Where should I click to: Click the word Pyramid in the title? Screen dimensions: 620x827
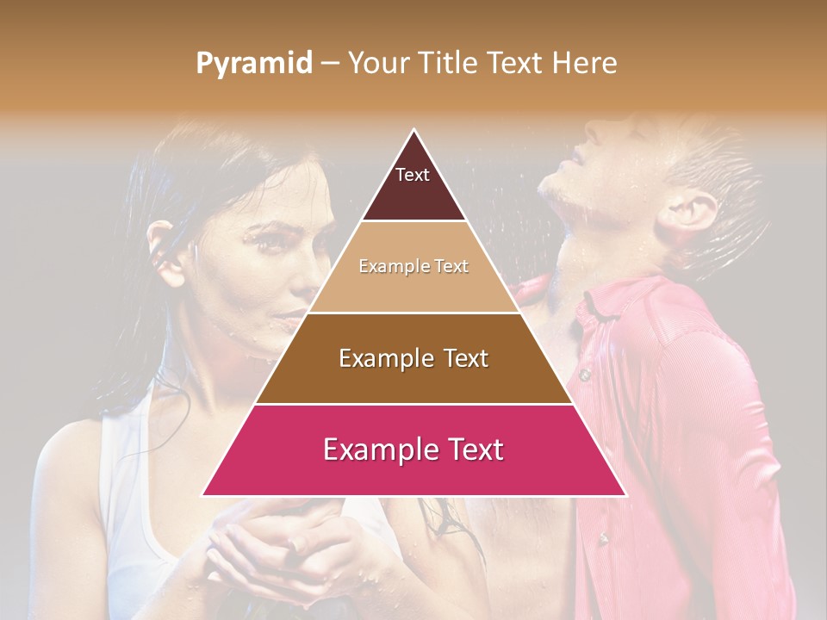tap(253, 64)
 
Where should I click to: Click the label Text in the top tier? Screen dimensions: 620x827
tap(413, 175)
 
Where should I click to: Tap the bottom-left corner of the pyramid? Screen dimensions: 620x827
tap(203, 495)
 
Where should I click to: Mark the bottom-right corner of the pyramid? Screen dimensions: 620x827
tap(625, 495)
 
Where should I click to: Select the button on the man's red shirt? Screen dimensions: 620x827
tap(584, 375)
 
